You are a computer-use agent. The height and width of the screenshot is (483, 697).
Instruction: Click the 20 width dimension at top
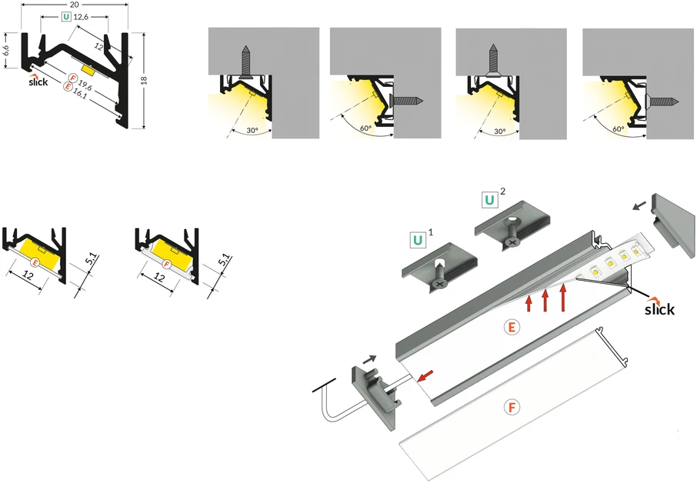[75, 4]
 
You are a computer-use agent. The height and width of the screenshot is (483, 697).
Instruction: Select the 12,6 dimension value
[82, 18]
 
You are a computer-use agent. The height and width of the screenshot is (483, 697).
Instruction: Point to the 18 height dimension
[144, 80]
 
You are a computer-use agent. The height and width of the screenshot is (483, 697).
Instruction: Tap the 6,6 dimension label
[6, 50]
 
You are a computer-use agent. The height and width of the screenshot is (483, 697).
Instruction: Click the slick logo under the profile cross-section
[38, 81]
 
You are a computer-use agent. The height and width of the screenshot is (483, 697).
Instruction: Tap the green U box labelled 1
[418, 241]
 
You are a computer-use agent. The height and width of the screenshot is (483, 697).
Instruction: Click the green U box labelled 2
[489, 200]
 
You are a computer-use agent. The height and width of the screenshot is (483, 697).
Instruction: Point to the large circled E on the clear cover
[512, 328]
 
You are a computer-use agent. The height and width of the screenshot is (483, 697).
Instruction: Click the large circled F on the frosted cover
[512, 407]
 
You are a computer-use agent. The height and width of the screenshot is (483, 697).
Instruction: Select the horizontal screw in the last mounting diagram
[662, 102]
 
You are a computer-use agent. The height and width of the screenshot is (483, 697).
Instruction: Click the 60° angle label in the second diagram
[366, 128]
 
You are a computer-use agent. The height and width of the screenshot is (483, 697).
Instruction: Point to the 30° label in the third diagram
[499, 132]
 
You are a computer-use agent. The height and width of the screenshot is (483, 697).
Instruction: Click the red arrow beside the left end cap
[425, 375]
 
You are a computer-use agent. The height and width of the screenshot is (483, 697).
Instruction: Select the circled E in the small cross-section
[36, 263]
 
